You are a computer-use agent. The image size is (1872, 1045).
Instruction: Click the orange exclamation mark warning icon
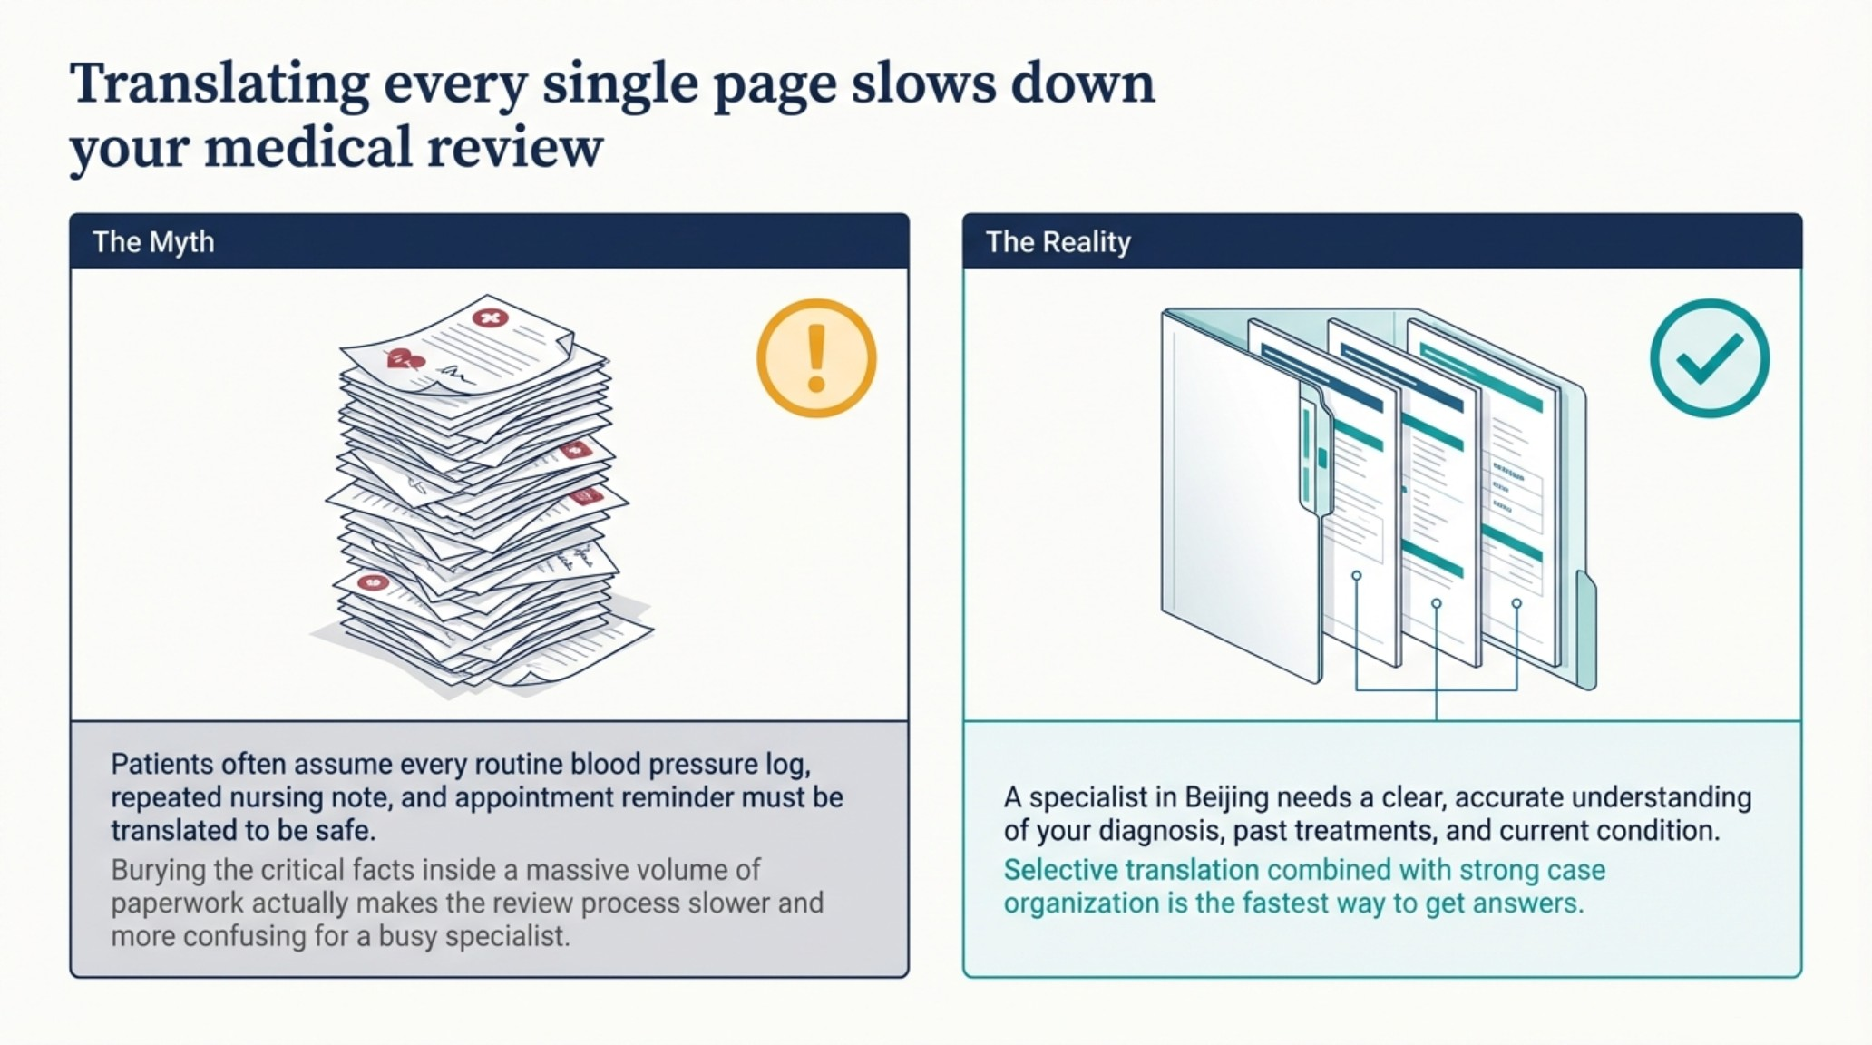pyautogui.click(x=816, y=358)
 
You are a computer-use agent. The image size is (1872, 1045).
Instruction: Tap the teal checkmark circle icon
pyautogui.click(x=1709, y=358)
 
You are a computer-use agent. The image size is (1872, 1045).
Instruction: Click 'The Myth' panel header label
pyautogui.click(x=153, y=242)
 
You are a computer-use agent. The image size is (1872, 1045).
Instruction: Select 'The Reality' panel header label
pyautogui.click(x=1058, y=242)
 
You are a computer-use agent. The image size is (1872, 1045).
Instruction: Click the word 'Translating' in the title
pyautogui.click(x=219, y=84)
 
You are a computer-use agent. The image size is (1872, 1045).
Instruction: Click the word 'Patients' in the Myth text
pyautogui.click(x=162, y=764)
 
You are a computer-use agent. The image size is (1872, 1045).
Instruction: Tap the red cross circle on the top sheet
pyautogui.click(x=490, y=317)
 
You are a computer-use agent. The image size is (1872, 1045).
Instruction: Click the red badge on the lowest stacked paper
pyautogui.click(x=372, y=581)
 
